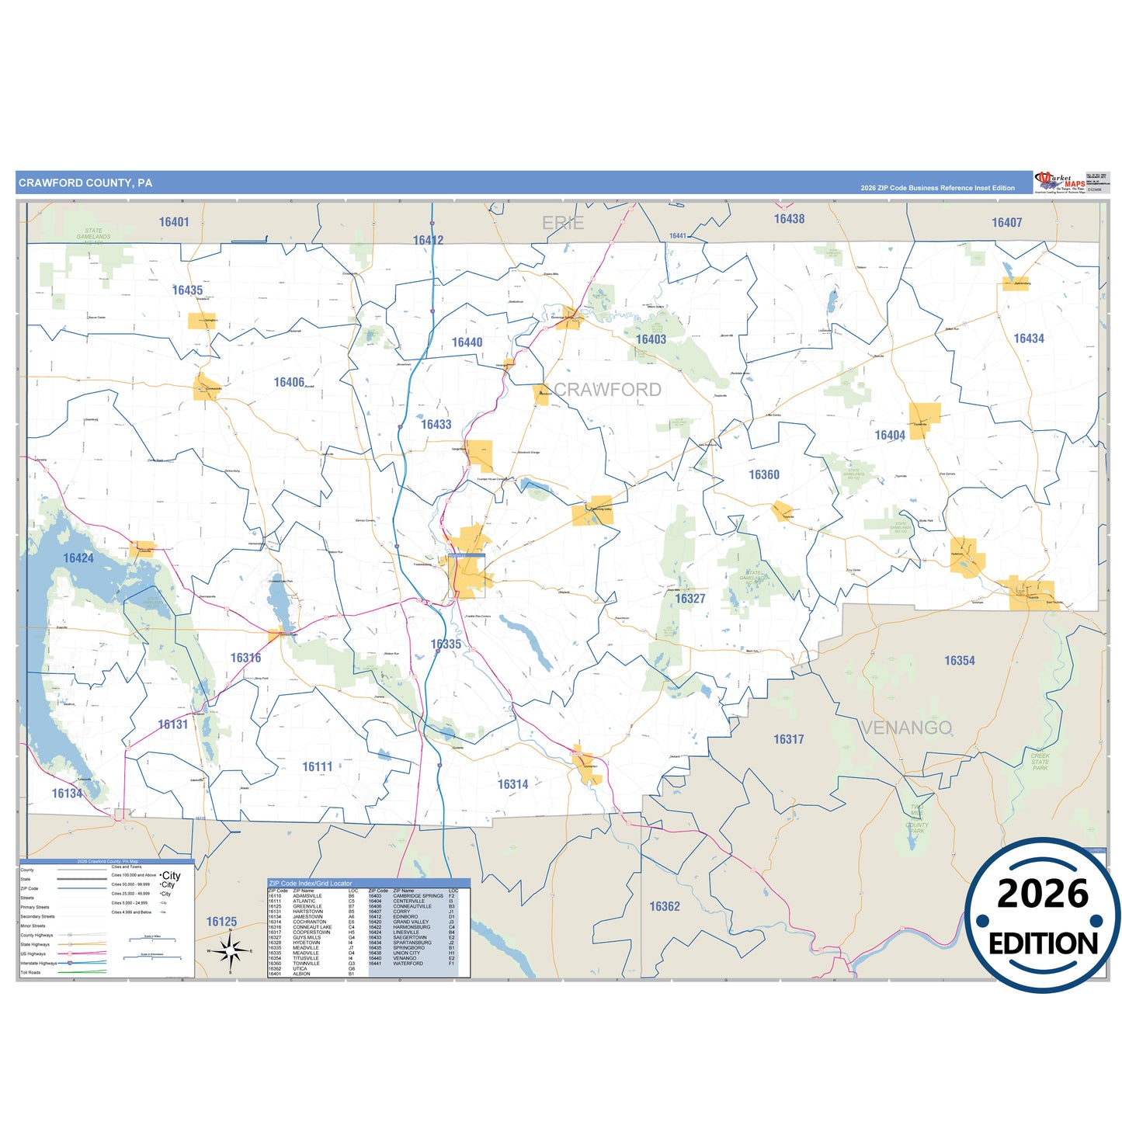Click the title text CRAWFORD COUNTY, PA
pyautogui.click(x=85, y=183)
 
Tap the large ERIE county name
pyautogui.click(x=563, y=224)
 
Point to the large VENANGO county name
pyautogui.click(x=906, y=728)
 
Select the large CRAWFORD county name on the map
pyautogui.click(x=607, y=390)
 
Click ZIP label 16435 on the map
pyautogui.click(x=187, y=290)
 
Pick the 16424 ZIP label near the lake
pyautogui.click(x=78, y=558)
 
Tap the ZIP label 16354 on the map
pyautogui.click(x=960, y=661)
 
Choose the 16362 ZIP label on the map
pyautogui.click(x=665, y=906)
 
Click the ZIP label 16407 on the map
pyautogui.click(x=1006, y=223)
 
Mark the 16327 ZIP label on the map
pyautogui.click(x=690, y=599)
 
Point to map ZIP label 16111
pyautogui.click(x=318, y=767)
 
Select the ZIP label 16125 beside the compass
pyautogui.click(x=221, y=922)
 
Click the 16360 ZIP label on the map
pyautogui.click(x=764, y=474)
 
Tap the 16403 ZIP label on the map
pyautogui.click(x=651, y=339)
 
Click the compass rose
pyautogui.click(x=230, y=950)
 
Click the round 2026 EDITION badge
pyautogui.click(x=1043, y=915)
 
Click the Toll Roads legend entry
pyautogui.click(x=31, y=972)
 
